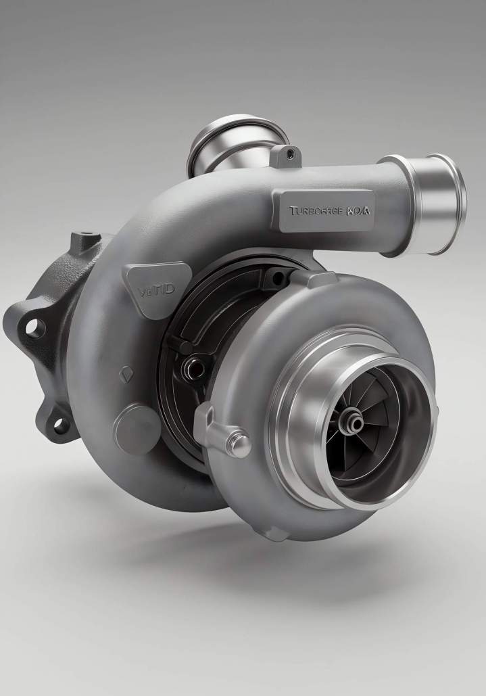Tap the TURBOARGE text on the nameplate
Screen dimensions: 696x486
coord(316,210)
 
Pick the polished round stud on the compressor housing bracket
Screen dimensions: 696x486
coord(237,444)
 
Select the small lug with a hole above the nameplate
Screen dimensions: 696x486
coord(289,155)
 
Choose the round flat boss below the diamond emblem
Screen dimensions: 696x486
coord(136,427)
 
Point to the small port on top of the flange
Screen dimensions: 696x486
coord(84,239)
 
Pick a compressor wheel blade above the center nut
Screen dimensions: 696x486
coord(358,392)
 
